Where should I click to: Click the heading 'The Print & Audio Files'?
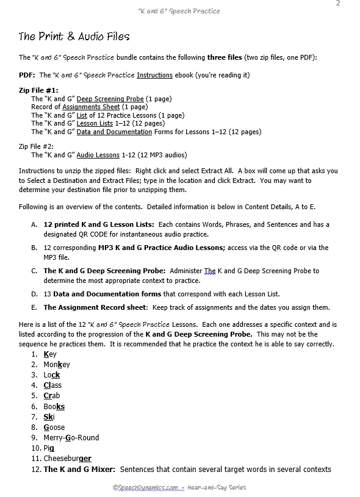point(74,37)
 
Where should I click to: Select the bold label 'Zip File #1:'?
point(38,90)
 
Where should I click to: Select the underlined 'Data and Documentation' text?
point(114,132)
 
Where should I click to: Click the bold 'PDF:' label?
point(27,75)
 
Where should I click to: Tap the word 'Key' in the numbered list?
point(49,354)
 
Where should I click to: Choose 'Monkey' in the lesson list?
point(56,364)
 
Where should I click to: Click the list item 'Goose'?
point(54,427)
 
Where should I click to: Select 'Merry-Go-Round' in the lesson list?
point(71,438)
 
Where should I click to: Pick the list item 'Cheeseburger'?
point(67,459)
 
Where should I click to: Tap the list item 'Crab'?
point(51,396)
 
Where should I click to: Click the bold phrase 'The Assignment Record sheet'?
point(95,307)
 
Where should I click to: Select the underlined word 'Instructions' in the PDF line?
point(154,75)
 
